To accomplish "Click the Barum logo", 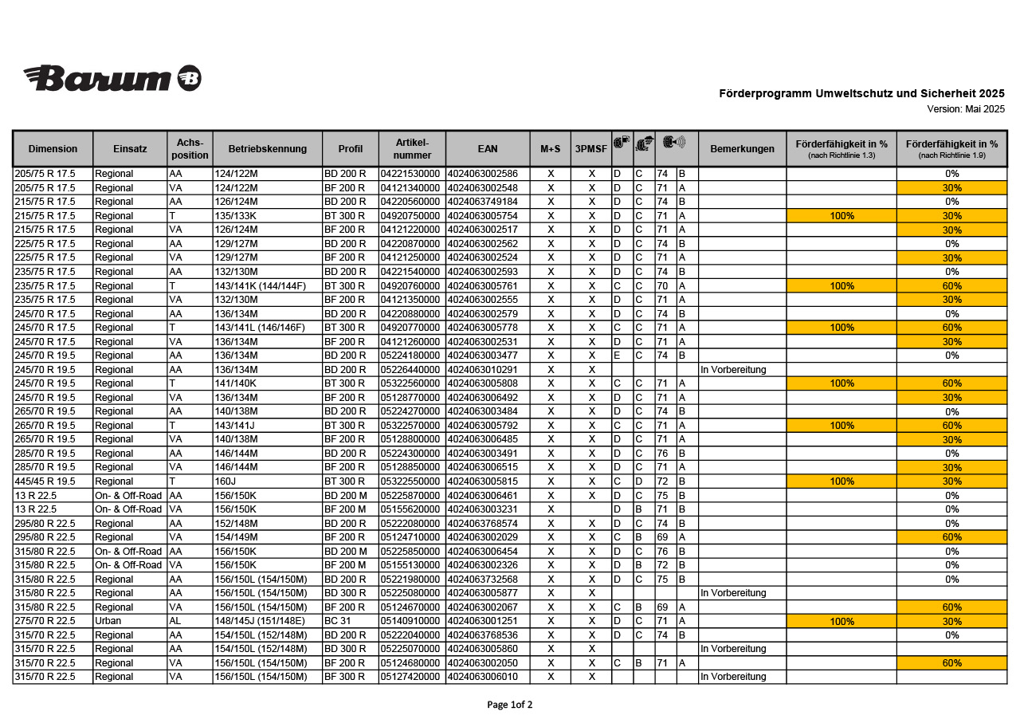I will [112, 78].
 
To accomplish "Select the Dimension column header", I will [53, 149].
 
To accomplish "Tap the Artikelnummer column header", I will [412, 149].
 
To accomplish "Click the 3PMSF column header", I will [590, 149].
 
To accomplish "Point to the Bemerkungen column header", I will [742, 149].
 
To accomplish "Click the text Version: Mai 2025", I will [966, 109].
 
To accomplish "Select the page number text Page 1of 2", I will [510, 705].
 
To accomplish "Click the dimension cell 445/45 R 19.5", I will [45, 481].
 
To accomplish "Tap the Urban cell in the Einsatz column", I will [108, 621].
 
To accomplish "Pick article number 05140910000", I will [410, 621].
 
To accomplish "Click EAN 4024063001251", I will [482, 621].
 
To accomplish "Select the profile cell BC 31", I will [337, 621].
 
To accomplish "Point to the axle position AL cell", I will [175, 621].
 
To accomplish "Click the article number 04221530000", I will [410, 174].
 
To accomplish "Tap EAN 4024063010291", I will [482, 370].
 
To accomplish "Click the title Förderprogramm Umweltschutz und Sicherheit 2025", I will [861, 94].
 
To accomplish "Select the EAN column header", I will [488, 149].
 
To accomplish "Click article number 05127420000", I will [410, 677].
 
